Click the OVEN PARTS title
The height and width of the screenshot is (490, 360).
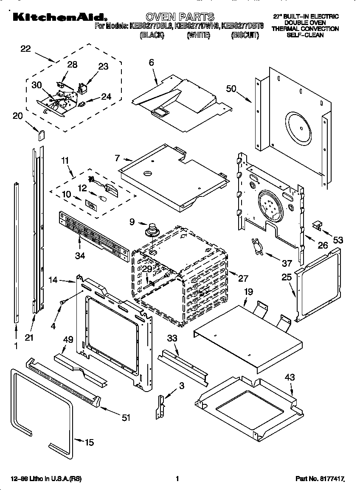click(183, 17)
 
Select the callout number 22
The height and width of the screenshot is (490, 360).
click(25, 49)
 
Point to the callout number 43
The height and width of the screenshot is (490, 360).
click(290, 377)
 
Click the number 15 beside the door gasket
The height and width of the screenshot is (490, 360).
click(89, 442)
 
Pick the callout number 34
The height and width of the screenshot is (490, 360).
click(80, 255)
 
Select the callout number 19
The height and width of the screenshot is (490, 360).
click(248, 292)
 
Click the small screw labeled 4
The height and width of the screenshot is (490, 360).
click(63, 301)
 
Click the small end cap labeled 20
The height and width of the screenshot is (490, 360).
click(42, 134)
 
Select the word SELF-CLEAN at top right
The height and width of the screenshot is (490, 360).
click(305, 35)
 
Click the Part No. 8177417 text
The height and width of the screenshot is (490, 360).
click(319, 479)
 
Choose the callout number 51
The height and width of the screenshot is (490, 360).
click(125, 418)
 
